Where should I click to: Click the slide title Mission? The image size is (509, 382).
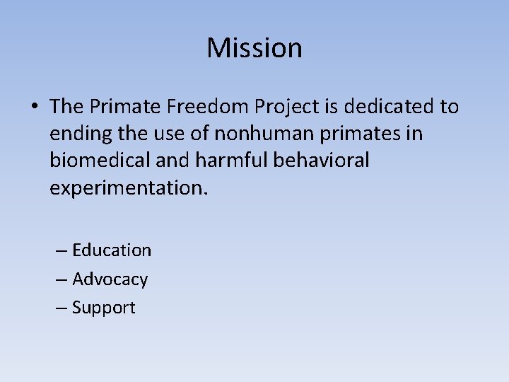coord(255,48)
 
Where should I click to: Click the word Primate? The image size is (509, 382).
coord(124,107)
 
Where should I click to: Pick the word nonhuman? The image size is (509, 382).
coord(264,134)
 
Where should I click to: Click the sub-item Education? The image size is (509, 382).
coord(112,250)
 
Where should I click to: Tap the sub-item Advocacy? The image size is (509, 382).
coord(110,279)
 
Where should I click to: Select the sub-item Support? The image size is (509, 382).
coord(103,308)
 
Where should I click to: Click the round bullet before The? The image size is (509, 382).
coord(35,108)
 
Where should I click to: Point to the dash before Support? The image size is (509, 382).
coord(62,308)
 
